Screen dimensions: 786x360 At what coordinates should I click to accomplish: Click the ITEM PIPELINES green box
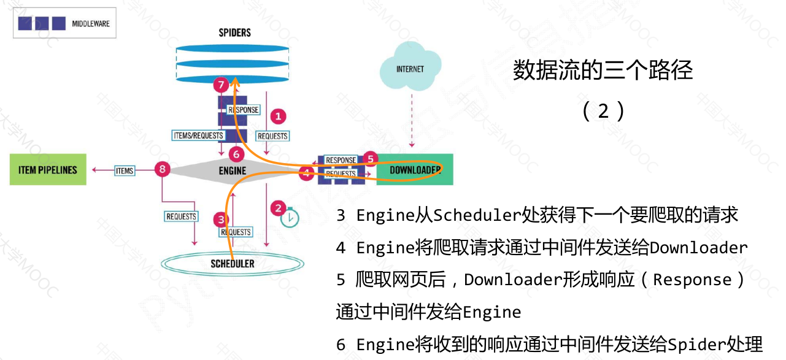[48, 170]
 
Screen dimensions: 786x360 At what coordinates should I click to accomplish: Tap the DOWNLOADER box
[415, 170]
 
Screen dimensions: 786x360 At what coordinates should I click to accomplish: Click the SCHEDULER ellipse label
[233, 264]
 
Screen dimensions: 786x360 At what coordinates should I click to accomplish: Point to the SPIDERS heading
[235, 33]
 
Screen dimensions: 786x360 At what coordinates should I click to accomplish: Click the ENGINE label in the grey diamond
[233, 170]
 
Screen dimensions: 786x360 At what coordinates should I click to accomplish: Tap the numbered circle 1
[279, 116]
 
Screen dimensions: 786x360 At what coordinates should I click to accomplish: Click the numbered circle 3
[220, 220]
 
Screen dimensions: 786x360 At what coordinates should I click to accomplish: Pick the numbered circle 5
[369, 158]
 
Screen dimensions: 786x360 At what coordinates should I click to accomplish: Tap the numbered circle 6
[236, 154]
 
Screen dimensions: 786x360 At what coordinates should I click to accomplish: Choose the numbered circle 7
[220, 85]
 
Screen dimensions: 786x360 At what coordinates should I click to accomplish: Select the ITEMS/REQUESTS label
[199, 135]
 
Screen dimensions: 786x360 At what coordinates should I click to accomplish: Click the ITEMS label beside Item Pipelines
[125, 171]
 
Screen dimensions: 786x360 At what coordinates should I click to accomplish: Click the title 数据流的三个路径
[603, 71]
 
